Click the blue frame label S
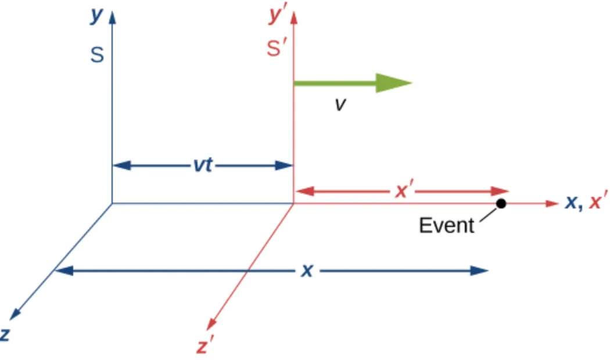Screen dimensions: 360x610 97,56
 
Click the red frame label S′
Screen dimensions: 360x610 277,50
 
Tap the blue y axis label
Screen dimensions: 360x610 96,16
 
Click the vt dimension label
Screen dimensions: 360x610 203,165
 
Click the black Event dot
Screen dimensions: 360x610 501,203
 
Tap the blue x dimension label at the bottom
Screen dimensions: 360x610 307,270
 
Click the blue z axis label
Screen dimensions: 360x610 5,334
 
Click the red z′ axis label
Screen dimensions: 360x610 203,347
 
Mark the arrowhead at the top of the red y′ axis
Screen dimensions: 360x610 293,17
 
